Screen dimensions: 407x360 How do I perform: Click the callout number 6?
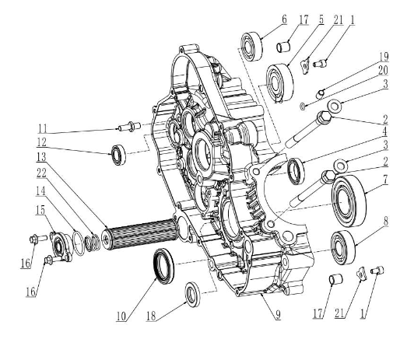[x=284, y=19]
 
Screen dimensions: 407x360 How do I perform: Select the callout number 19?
[x=384, y=57]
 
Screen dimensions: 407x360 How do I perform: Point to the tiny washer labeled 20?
[x=303, y=106]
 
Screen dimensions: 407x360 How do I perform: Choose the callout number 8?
[x=386, y=222]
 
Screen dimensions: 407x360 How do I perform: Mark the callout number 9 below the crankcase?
[x=278, y=315]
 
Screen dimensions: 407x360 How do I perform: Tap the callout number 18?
[x=151, y=316]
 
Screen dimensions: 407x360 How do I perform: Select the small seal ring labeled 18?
[x=192, y=294]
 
